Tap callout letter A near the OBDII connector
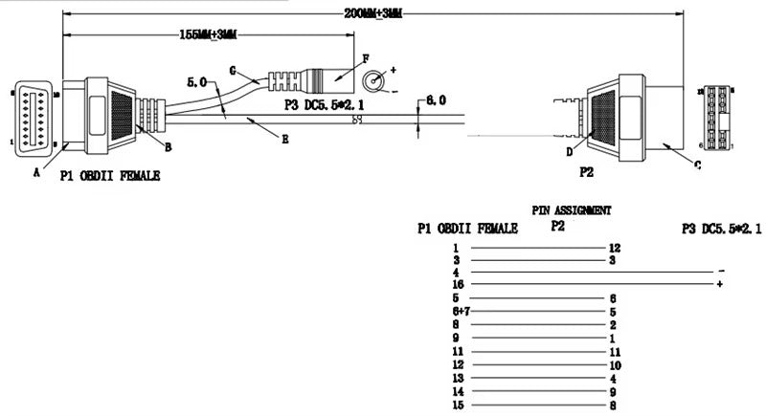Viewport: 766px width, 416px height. (x=36, y=172)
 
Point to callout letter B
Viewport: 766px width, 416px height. (x=168, y=146)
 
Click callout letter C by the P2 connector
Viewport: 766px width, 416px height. (x=697, y=164)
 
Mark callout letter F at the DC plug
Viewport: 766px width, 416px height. (x=366, y=59)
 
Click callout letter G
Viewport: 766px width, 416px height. (x=233, y=69)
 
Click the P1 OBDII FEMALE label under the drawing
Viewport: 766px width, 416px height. (x=109, y=176)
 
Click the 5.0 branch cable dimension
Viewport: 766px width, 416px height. (x=197, y=83)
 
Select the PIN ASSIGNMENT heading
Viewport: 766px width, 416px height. (x=572, y=209)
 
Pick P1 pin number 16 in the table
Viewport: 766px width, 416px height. (x=458, y=285)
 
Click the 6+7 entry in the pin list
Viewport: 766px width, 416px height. (x=459, y=312)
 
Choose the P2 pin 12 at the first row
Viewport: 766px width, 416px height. (x=615, y=248)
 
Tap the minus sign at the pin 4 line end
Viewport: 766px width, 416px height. (x=720, y=272)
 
